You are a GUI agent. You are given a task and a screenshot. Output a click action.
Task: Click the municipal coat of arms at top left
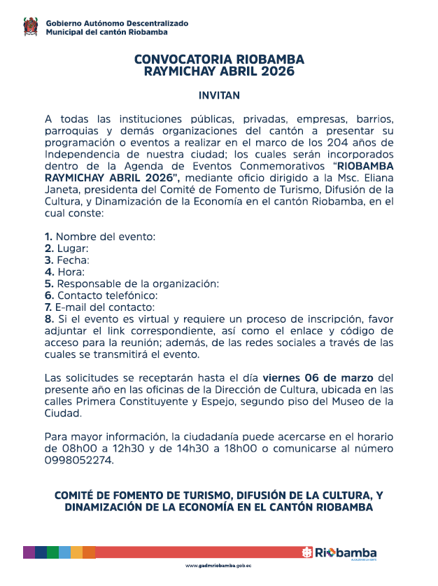[29, 28]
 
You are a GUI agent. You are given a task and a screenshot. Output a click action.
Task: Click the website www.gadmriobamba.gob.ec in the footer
[218, 566]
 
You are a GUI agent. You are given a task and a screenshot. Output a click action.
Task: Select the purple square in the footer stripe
[29, 552]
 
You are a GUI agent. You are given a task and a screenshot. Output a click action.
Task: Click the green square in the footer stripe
[52, 552]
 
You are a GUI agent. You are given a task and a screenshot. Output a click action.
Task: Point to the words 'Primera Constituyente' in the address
[127, 401]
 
